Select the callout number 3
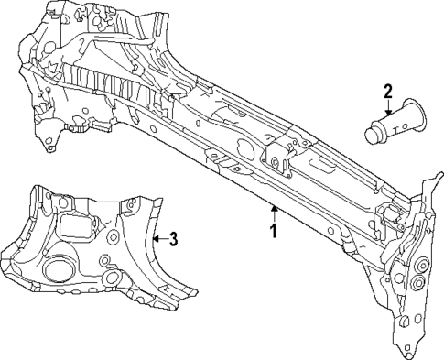coord(172,240)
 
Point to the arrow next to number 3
coord(157,240)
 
